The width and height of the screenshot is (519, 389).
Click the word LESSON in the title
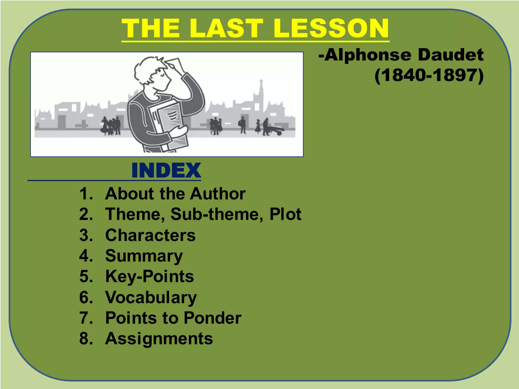(331, 28)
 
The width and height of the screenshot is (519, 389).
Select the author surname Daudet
(451, 55)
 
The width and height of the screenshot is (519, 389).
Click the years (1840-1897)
(429, 75)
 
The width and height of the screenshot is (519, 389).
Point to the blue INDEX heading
(166, 170)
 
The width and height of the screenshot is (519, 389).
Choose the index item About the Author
(175, 194)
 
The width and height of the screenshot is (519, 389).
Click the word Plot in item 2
(285, 214)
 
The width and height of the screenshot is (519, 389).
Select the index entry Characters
(150, 235)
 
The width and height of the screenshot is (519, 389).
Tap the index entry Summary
(144, 256)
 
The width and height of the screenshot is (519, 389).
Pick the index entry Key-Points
(150, 276)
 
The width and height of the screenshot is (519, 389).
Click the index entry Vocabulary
(151, 297)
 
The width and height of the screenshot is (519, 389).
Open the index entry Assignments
(159, 339)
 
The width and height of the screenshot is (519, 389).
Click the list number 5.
(85, 276)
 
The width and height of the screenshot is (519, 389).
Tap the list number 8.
(85, 339)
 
